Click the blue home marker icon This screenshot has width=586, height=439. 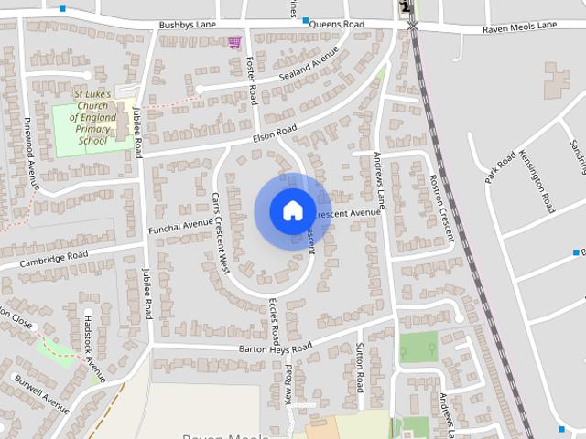[x=292, y=211]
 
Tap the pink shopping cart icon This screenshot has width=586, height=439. [x=235, y=41]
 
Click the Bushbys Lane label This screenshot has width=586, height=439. [x=186, y=25]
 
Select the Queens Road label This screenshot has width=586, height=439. [x=336, y=24]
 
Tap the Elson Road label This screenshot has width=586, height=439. [x=276, y=134]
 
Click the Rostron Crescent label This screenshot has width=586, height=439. [x=441, y=208]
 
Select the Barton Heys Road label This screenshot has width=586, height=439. [x=275, y=348]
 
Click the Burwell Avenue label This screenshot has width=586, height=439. [x=42, y=392]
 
